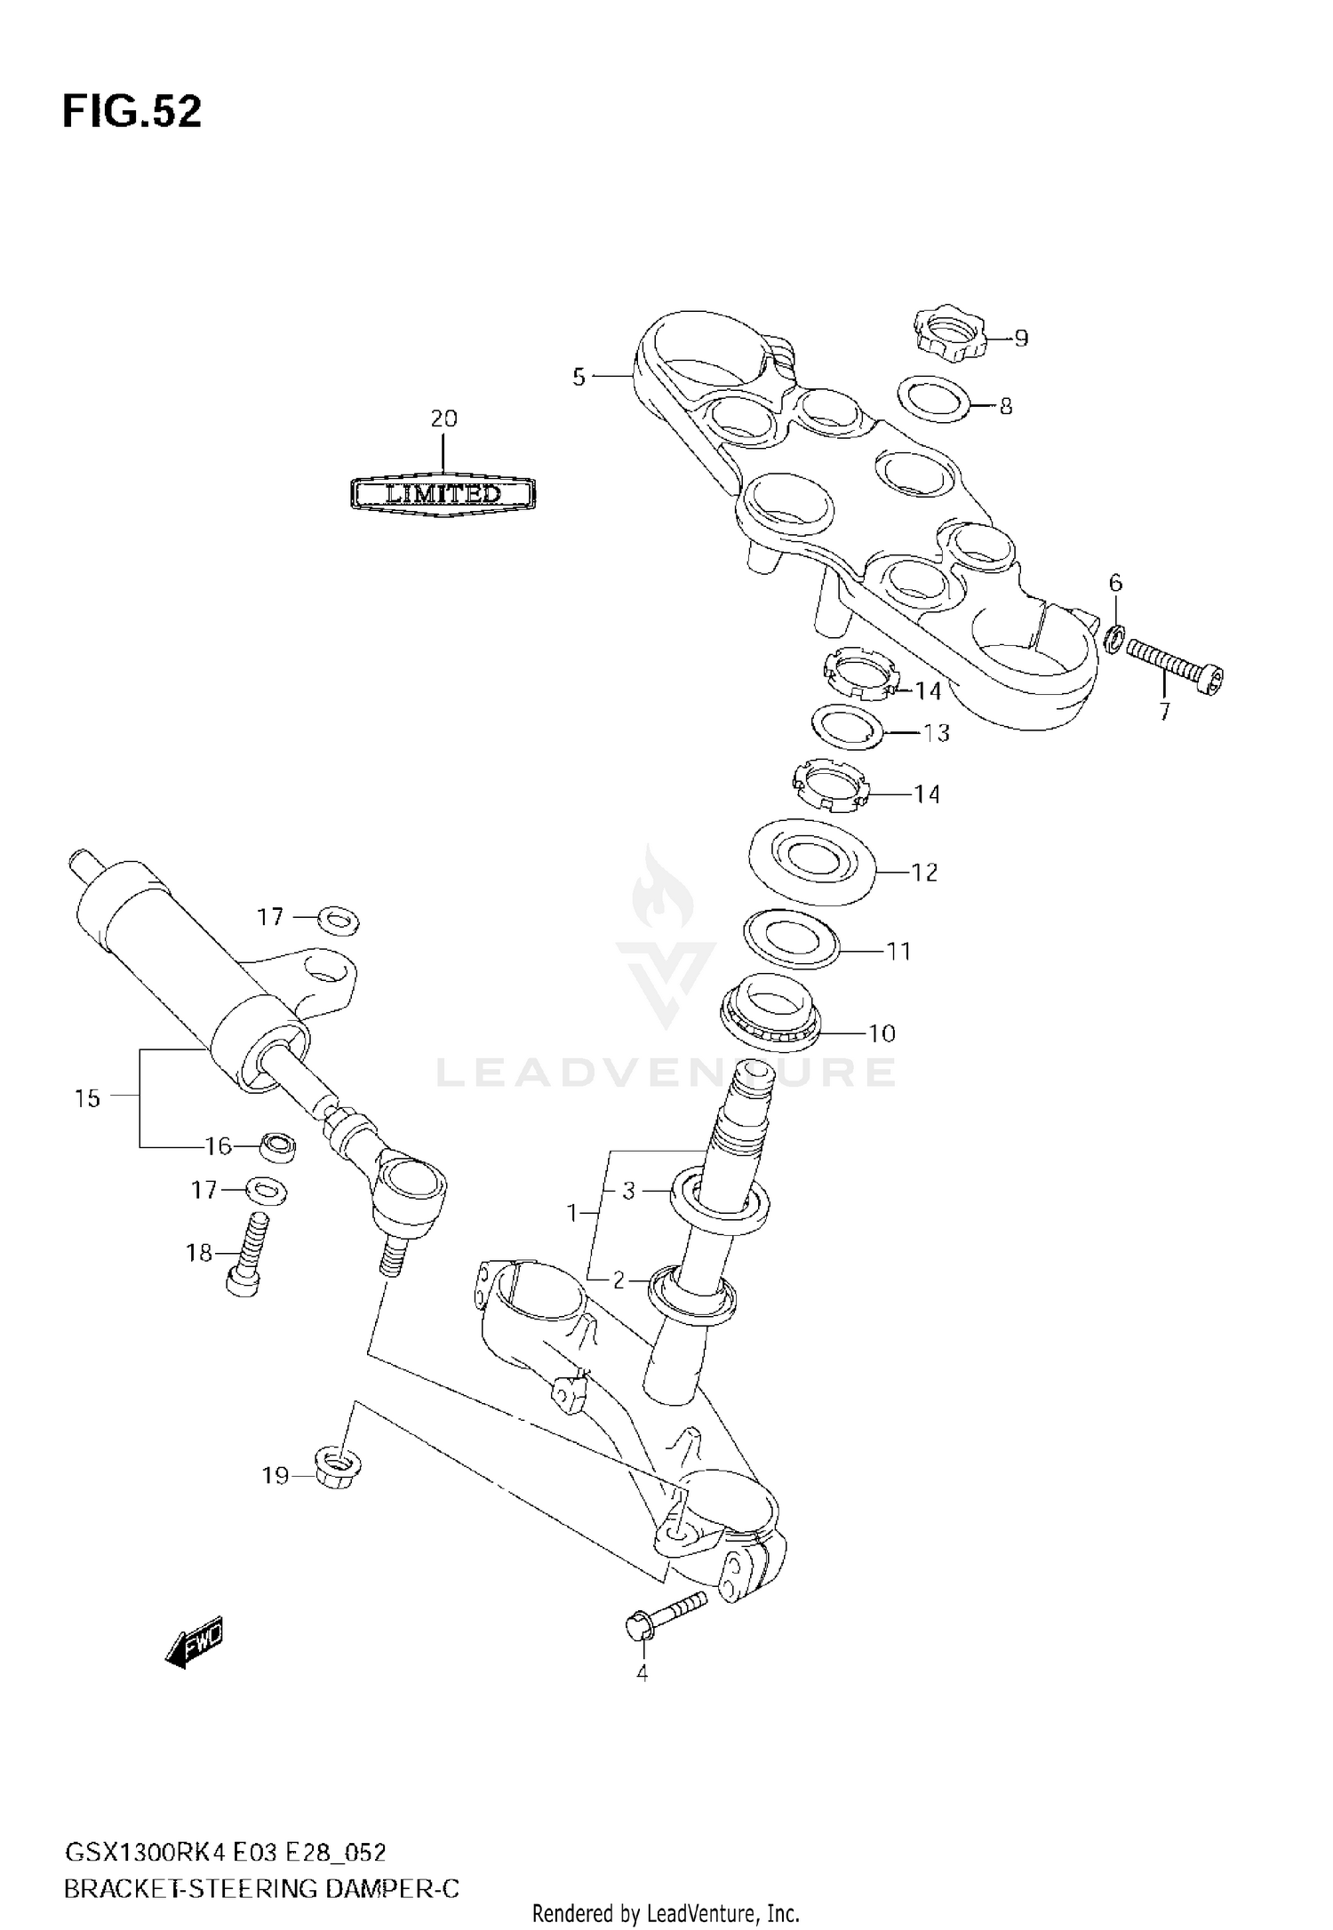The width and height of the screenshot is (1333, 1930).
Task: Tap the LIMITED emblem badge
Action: pos(443,493)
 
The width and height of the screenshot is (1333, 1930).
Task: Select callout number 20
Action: pos(443,419)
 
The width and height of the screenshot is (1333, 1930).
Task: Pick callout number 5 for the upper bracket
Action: pos(579,378)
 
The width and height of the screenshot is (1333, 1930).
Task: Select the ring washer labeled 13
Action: pos(850,727)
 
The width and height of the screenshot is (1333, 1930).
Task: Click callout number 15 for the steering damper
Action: pos(87,1098)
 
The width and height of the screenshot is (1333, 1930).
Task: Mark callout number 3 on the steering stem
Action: pos(628,1191)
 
